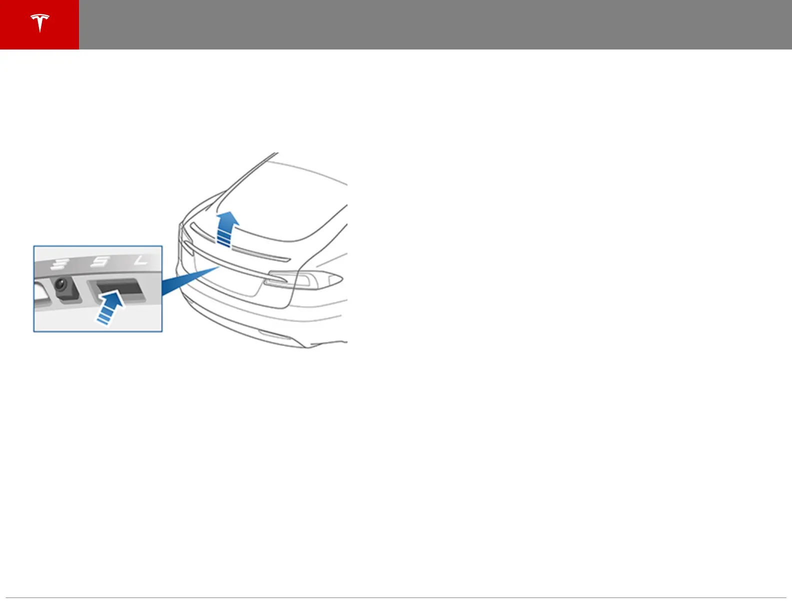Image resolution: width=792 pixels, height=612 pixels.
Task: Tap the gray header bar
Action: (435, 24)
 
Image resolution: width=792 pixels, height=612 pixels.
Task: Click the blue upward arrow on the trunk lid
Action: (227, 228)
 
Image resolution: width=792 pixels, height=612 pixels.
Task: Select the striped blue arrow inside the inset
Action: (110, 308)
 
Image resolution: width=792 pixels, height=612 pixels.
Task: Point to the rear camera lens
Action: (61, 284)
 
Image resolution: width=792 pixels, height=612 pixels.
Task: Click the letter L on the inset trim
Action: (141, 259)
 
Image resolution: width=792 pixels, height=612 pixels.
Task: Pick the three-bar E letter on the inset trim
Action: (61, 262)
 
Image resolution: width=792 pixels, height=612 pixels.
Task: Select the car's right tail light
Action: (304, 279)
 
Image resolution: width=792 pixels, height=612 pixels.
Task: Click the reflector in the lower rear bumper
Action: (277, 336)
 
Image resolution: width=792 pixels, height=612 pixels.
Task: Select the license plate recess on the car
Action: (225, 280)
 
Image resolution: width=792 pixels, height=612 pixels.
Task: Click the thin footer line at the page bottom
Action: (395, 597)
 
